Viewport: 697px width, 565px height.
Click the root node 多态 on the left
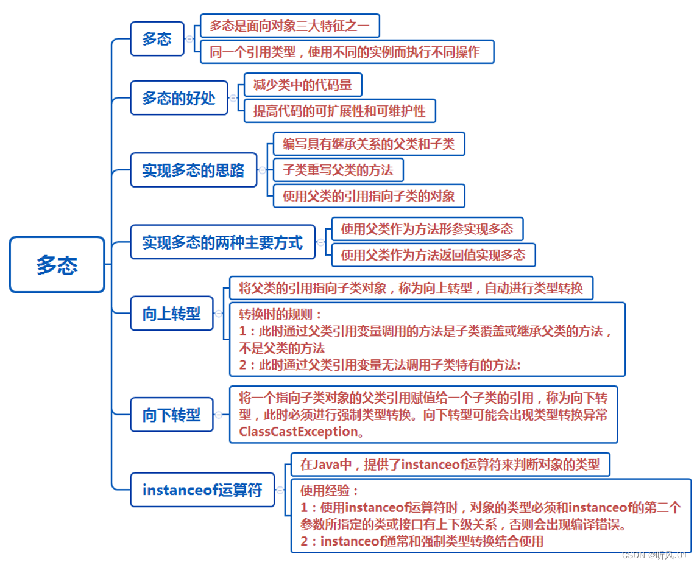click(x=57, y=265)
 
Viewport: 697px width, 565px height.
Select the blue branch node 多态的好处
click(x=179, y=98)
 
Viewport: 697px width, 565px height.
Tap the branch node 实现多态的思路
click(x=193, y=170)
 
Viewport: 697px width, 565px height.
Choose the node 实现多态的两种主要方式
click(x=222, y=242)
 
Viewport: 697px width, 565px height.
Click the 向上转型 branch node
click(x=171, y=314)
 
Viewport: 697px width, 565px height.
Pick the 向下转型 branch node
click(x=171, y=415)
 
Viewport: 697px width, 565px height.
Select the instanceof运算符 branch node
click(x=202, y=490)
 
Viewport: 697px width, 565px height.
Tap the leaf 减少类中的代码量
click(x=302, y=85)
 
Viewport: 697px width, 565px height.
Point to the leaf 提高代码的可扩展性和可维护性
click(x=339, y=111)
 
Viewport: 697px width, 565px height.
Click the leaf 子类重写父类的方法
click(x=338, y=170)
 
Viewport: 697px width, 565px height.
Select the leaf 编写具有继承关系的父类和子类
click(x=368, y=144)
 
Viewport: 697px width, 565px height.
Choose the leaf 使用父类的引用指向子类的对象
click(x=368, y=196)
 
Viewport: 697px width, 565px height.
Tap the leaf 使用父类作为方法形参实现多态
click(x=426, y=229)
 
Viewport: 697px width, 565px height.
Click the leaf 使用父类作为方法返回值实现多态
click(x=433, y=254)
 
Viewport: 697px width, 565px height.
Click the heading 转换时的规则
click(x=279, y=314)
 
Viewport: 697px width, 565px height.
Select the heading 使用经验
click(x=330, y=490)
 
